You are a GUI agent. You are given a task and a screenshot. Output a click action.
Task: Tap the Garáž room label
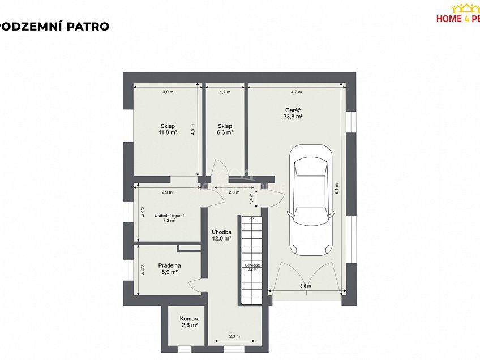[293, 113]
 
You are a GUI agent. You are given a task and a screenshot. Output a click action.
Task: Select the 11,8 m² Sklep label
[168, 130]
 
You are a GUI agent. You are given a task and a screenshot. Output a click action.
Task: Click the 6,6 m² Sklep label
[225, 130]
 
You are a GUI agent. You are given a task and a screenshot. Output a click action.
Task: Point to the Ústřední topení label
[169, 218]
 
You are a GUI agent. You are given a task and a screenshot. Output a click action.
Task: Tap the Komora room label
[189, 322]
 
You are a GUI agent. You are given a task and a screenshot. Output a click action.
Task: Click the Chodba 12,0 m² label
[221, 235]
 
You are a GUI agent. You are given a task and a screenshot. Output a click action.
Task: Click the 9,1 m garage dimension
[336, 188]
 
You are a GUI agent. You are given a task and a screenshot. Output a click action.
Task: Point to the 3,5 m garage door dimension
[305, 286]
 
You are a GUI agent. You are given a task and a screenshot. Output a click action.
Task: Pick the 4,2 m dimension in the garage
[296, 92]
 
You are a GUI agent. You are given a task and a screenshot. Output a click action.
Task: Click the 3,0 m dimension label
[168, 92]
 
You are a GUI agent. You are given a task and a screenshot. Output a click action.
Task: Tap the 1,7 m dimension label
[225, 92]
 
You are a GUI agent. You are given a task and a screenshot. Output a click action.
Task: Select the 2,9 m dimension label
[166, 192]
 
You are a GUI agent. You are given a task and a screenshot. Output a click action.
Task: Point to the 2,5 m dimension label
[143, 212]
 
